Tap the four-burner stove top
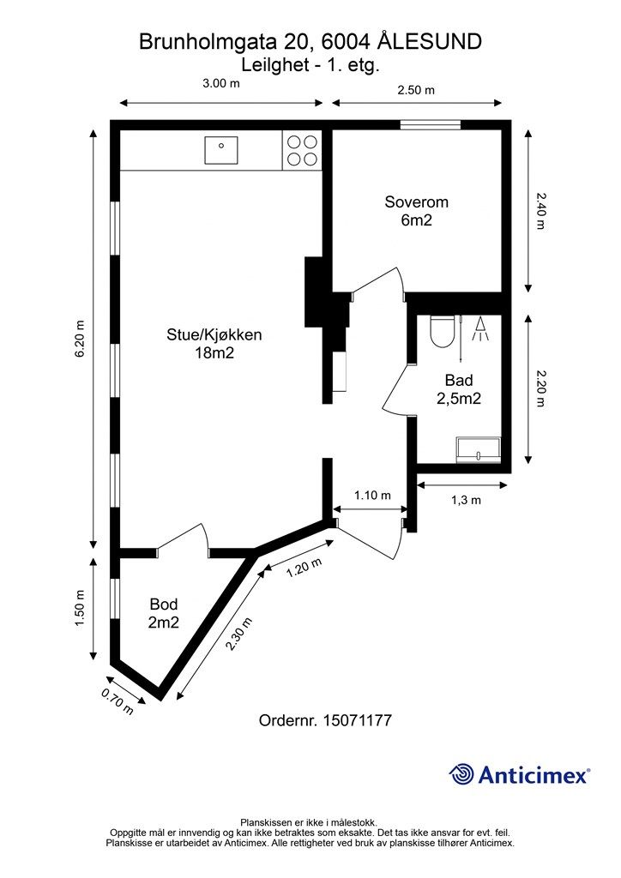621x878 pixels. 300,151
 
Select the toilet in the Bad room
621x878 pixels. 442,331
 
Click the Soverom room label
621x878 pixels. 416,211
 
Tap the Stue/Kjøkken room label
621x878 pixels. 214,343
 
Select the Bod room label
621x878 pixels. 163,613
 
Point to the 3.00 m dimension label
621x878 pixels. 220,84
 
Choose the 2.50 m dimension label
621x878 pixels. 416,89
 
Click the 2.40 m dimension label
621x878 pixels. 541,210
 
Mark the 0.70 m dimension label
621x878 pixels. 118,701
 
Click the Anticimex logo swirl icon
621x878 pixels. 461,774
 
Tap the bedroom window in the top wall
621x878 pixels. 430,125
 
